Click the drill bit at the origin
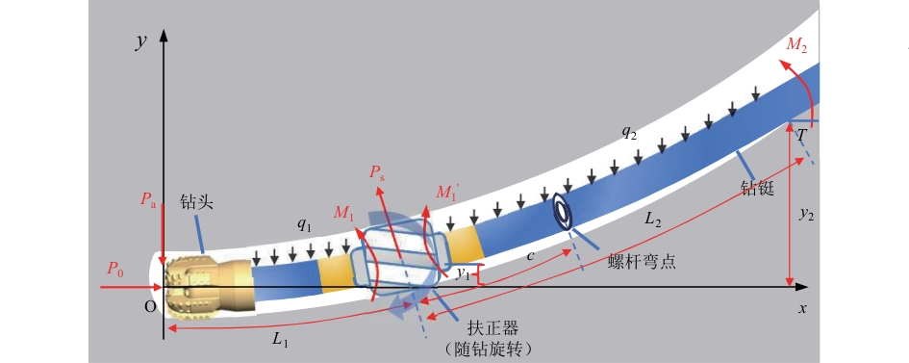(x=209, y=287)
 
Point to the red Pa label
(x=149, y=200)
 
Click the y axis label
(x=140, y=42)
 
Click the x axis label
(x=802, y=308)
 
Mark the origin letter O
(x=150, y=308)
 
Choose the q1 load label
(x=304, y=226)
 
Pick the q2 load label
(x=630, y=132)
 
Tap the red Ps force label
(x=376, y=174)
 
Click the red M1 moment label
(x=343, y=214)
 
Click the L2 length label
(x=654, y=220)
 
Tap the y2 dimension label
(x=805, y=215)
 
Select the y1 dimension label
(x=463, y=273)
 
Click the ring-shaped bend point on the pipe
(x=563, y=211)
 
